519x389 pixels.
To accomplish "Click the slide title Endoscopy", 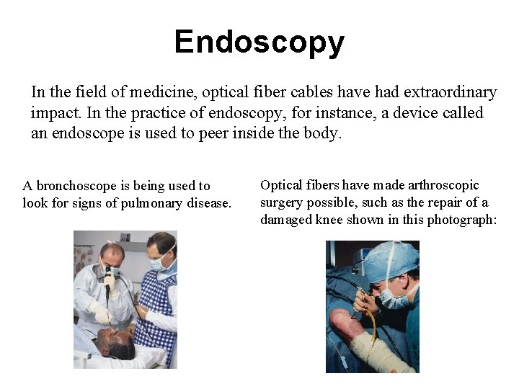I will point(259,43).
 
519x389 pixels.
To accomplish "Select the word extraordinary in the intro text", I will point(451,93).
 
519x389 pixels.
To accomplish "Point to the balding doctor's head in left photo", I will point(111,252).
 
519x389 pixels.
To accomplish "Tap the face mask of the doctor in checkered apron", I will point(160,264).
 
